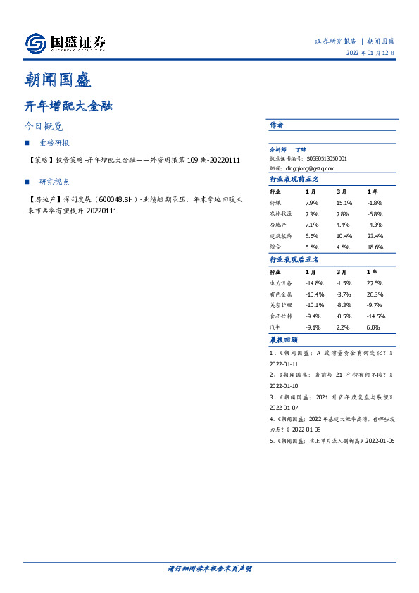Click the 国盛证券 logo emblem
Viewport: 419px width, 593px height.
pos(36,44)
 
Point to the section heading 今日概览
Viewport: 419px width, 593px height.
pos(44,127)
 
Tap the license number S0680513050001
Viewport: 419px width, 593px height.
pos(323,159)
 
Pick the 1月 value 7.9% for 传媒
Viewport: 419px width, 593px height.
pos(312,204)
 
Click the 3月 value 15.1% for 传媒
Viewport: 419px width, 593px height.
pos(344,204)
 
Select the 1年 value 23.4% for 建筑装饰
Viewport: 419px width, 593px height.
pos(375,236)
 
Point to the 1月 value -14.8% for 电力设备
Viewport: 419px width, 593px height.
pos(314,283)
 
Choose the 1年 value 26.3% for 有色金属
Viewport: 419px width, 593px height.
pos(375,294)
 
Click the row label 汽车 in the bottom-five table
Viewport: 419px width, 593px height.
pos(275,327)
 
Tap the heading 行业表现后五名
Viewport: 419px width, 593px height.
pos(294,259)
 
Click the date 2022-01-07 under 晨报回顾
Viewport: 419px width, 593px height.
pos(284,407)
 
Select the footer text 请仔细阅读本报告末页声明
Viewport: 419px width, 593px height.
pos(209,568)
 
